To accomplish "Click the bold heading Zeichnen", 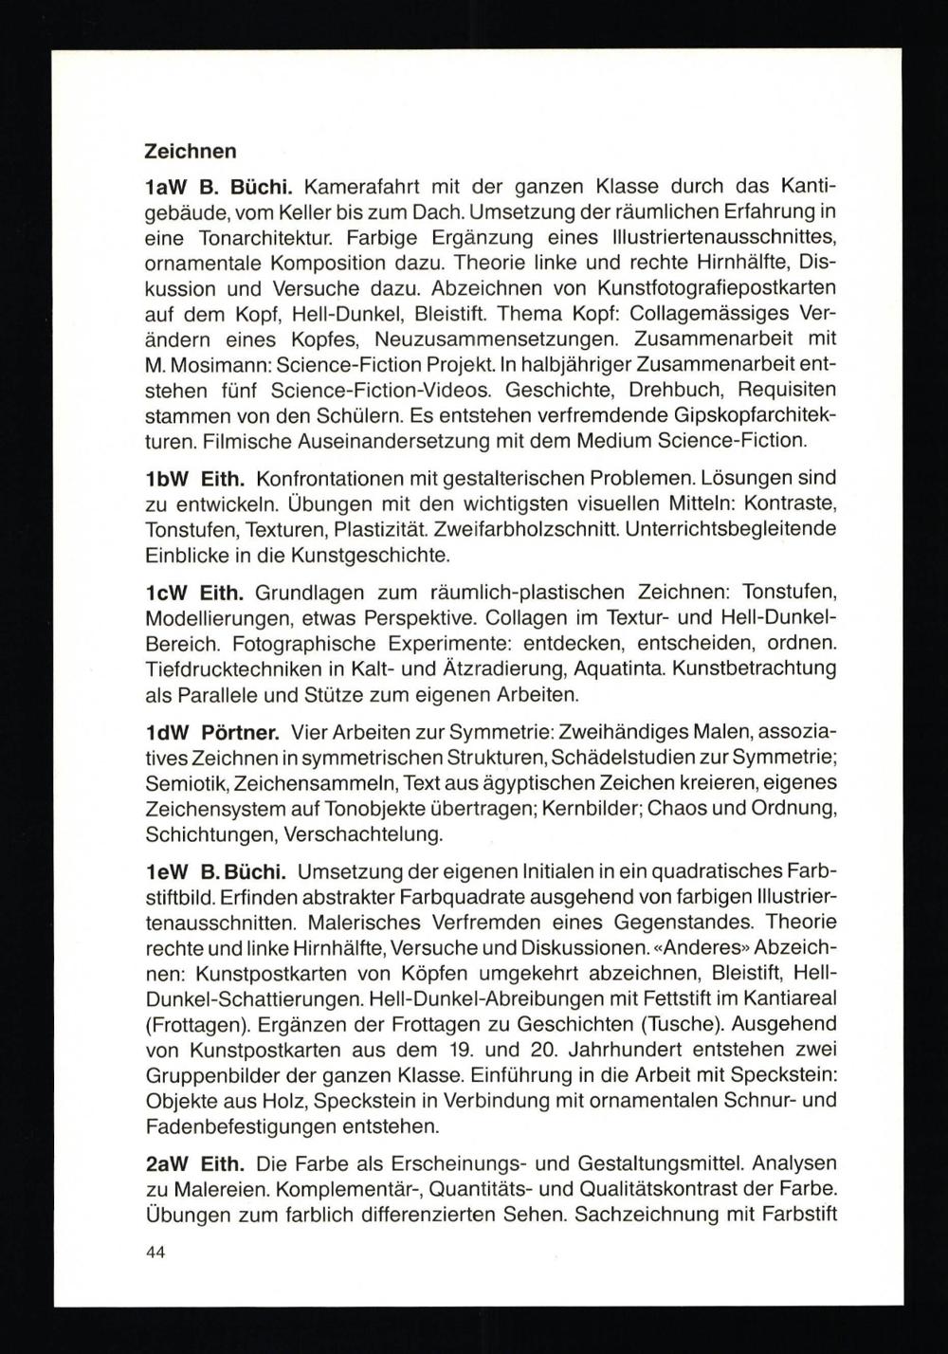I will pos(190,150).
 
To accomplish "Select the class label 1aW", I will pos(163,187).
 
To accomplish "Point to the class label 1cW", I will pos(163,594).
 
